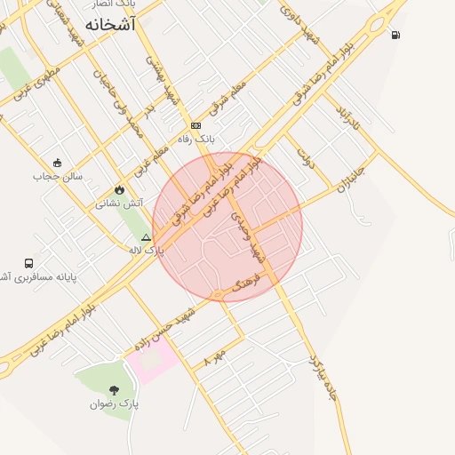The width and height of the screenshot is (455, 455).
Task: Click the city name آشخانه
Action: [x=111, y=25]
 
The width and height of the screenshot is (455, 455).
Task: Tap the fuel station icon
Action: [x=395, y=36]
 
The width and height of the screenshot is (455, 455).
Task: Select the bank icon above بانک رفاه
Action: [x=196, y=125]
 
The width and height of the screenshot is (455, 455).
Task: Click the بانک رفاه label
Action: [x=197, y=140]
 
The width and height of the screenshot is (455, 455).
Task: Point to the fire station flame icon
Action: [x=120, y=189]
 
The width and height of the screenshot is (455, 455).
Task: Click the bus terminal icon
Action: [x=29, y=263]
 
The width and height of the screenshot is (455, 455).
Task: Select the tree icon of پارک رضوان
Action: [x=114, y=390]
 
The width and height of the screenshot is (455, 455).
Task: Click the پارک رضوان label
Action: [x=114, y=404]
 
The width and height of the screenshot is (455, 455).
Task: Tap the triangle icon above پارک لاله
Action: [x=147, y=237]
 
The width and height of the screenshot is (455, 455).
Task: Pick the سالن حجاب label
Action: [x=59, y=176]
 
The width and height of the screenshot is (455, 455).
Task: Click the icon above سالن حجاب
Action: [x=58, y=162]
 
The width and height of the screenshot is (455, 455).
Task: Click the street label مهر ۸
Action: [x=214, y=357]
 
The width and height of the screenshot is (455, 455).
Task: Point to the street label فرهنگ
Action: [x=244, y=285]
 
